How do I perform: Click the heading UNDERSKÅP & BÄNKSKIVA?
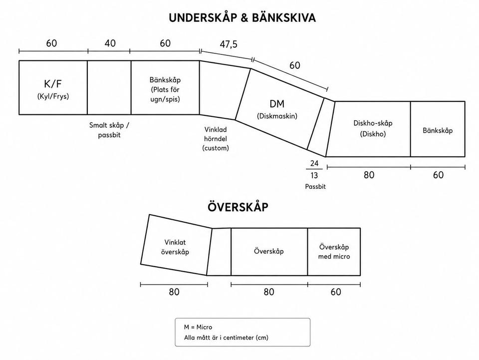click(242, 17)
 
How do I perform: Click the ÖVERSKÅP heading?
click(238, 207)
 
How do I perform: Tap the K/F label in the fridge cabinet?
click(53, 83)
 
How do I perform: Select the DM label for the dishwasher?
click(277, 104)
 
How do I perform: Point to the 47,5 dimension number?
click(229, 44)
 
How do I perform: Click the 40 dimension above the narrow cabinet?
click(110, 43)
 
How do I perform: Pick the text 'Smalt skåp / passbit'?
click(109, 130)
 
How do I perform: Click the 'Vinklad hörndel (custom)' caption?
click(216, 139)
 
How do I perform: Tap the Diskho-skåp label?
click(373, 123)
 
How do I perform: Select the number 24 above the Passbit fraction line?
click(314, 163)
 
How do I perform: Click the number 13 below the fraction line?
click(314, 175)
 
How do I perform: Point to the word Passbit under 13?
click(315, 186)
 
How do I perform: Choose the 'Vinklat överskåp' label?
click(175, 247)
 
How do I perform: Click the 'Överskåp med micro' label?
click(334, 252)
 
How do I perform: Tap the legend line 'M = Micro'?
click(198, 327)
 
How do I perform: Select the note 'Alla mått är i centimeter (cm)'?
click(226, 338)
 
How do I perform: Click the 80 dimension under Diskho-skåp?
click(369, 175)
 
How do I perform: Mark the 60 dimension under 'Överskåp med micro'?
click(336, 292)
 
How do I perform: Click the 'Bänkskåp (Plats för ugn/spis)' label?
click(165, 89)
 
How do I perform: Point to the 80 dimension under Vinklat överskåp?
click(174, 292)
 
